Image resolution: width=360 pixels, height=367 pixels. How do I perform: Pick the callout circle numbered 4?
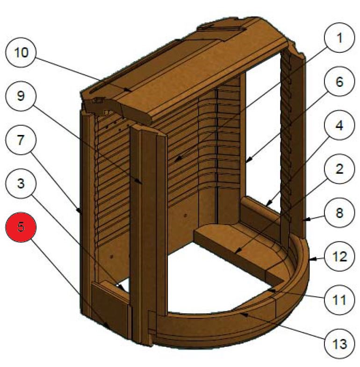coord(339,126)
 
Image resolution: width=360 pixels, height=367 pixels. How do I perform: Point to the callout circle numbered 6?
coord(339,82)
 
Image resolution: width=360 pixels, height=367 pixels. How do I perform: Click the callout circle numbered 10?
coord(21,52)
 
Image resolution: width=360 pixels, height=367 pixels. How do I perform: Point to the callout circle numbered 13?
coord(339,344)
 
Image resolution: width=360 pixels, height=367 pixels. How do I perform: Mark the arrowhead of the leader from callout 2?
coord(237,253)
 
